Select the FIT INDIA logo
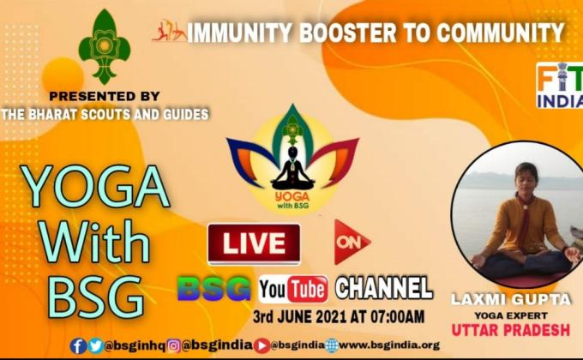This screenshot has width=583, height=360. pyautogui.click(x=560, y=86)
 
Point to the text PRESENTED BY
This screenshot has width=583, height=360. pyautogui.click(x=104, y=95)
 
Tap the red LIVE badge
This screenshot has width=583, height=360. pyautogui.click(x=254, y=243)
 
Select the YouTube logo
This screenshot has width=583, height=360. pyautogui.click(x=292, y=288)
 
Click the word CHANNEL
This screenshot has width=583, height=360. pyautogui.click(x=383, y=287)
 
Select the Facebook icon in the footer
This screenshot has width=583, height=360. pyautogui.click(x=78, y=345)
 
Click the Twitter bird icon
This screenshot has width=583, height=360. pyautogui.click(x=95, y=345)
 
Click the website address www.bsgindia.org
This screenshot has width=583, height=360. pyautogui.click(x=395, y=345)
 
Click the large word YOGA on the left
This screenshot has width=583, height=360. pyautogui.click(x=94, y=185)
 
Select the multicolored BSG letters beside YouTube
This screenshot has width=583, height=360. pyautogui.click(x=214, y=288)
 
